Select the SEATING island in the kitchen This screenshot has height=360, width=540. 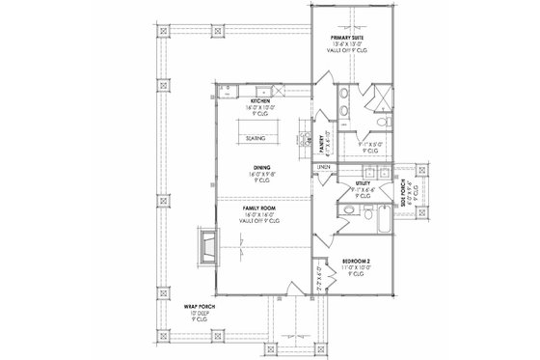tap(256, 138)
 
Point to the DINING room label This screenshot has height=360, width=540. tap(261, 166)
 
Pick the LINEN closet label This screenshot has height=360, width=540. tap(325, 168)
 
